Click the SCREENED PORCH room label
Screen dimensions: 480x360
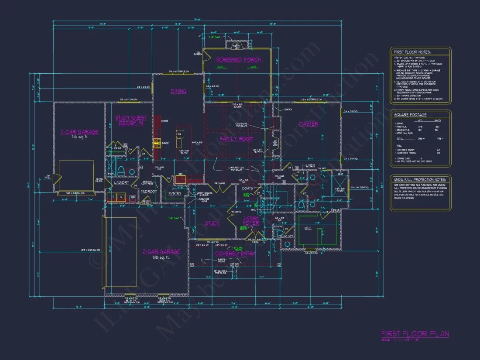point(239,59)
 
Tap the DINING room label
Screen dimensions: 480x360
point(178,91)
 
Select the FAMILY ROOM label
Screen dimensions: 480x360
point(237,139)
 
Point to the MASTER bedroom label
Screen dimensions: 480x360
point(309,124)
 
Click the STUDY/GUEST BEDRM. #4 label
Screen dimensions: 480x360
point(131,120)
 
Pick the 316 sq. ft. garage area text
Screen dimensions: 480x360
point(80,137)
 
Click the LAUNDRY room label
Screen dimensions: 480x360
point(121,182)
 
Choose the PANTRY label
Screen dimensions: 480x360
point(175,193)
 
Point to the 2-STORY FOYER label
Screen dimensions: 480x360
point(251,220)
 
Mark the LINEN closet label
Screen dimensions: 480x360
point(311,165)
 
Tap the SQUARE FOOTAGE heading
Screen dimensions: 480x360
point(410,115)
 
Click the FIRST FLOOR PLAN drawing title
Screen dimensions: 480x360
point(415,334)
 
